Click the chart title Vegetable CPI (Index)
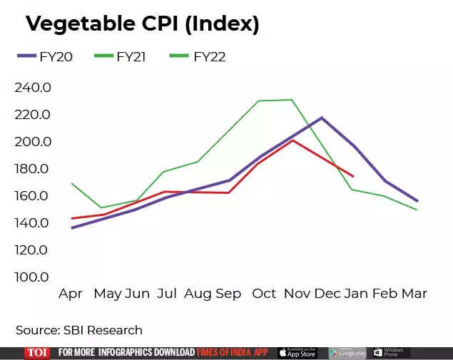(x=142, y=24)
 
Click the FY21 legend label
(x=131, y=57)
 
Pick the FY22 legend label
(x=209, y=57)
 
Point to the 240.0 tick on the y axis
(x=33, y=88)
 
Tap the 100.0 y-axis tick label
(x=33, y=277)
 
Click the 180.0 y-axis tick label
(x=33, y=169)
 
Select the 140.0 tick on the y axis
(x=33, y=223)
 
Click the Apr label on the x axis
(x=71, y=294)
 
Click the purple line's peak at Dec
(x=322, y=118)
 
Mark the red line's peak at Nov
(x=291, y=140)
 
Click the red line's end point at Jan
(x=353, y=176)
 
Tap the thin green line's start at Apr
(x=72, y=183)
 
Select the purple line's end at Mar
(x=417, y=201)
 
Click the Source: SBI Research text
(x=79, y=330)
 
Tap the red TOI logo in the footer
(x=37, y=352)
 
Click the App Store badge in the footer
(x=297, y=352)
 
